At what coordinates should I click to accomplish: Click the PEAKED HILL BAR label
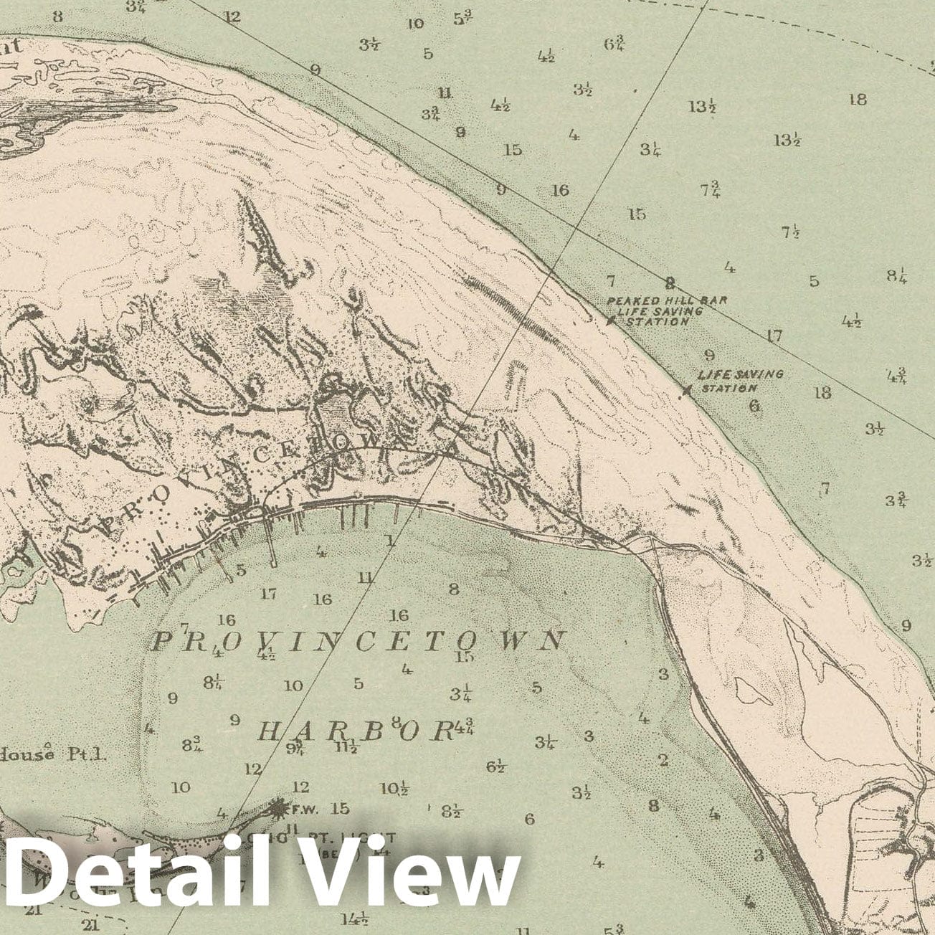(667, 300)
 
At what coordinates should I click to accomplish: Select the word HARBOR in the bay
(356, 731)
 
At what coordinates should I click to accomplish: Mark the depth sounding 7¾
(711, 190)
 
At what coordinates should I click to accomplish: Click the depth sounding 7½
(791, 232)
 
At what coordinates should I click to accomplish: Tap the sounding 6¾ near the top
(614, 44)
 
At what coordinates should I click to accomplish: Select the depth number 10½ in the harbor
(394, 789)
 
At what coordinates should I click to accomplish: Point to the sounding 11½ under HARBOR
(346, 746)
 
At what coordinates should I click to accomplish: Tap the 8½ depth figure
(451, 812)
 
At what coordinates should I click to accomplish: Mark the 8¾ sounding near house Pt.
(191, 744)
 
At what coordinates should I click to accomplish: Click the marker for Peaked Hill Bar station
(610, 322)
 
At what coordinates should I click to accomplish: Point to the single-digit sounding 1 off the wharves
(390, 541)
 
